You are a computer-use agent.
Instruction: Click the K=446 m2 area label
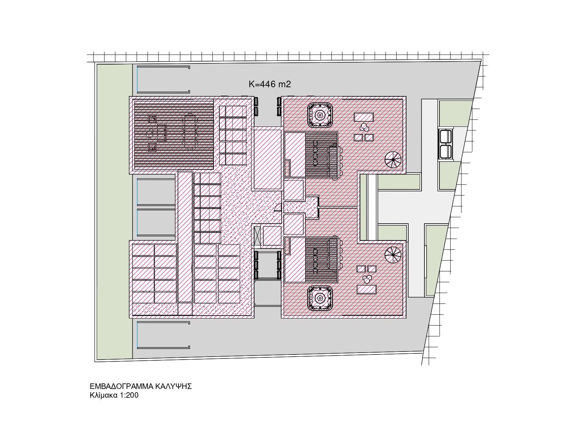(x=270, y=84)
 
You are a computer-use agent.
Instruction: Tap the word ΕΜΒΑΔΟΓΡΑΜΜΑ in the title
(x=122, y=386)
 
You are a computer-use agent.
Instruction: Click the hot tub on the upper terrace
(x=320, y=115)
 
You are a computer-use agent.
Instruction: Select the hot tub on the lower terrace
(x=320, y=298)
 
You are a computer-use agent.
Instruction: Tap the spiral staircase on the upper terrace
(x=393, y=160)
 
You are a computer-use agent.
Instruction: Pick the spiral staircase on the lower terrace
(x=393, y=255)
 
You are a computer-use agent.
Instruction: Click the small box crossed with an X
(x=257, y=236)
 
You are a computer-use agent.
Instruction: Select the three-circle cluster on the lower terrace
(x=367, y=279)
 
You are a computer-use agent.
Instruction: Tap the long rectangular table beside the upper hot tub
(x=364, y=117)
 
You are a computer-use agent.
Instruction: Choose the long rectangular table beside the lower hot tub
(x=367, y=290)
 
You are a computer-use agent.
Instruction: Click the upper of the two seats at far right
(x=445, y=136)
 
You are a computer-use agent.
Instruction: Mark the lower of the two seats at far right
(x=445, y=152)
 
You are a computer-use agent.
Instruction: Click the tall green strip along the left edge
(x=115, y=211)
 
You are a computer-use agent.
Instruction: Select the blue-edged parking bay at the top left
(x=163, y=80)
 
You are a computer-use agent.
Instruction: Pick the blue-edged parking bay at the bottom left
(x=163, y=335)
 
